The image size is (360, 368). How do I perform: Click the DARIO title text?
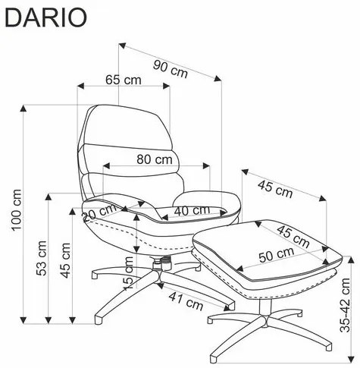pos(45,17)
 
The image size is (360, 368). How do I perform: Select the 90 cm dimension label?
pos(171,69)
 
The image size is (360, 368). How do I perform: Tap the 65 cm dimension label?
pos(124,80)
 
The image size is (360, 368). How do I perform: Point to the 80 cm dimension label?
pos(155,159)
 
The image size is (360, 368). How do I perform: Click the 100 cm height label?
pos(17,209)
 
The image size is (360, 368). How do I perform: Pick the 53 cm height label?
pos(41,258)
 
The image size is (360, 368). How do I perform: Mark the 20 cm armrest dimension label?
pos(99,212)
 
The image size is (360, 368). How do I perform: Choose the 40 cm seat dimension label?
pos(192,210)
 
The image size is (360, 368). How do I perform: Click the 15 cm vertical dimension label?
pos(129,273)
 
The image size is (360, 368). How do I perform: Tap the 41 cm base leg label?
pos(186,300)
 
